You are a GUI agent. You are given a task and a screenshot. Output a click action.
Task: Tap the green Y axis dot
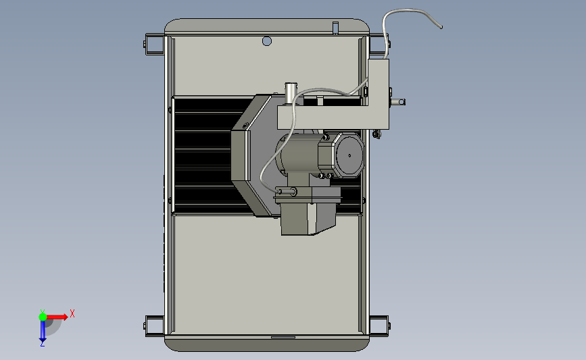pos(43,317)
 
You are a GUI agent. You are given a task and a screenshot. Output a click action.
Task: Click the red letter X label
pos(72,313)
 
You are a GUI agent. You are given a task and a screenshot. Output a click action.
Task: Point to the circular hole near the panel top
pos(267,41)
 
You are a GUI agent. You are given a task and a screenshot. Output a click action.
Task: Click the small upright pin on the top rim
pos(335,28)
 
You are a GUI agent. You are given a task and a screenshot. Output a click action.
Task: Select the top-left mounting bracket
pos(154,44)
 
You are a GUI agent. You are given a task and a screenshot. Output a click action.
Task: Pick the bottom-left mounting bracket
pos(154,326)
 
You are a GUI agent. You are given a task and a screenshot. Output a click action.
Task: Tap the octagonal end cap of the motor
pos(349,155)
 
